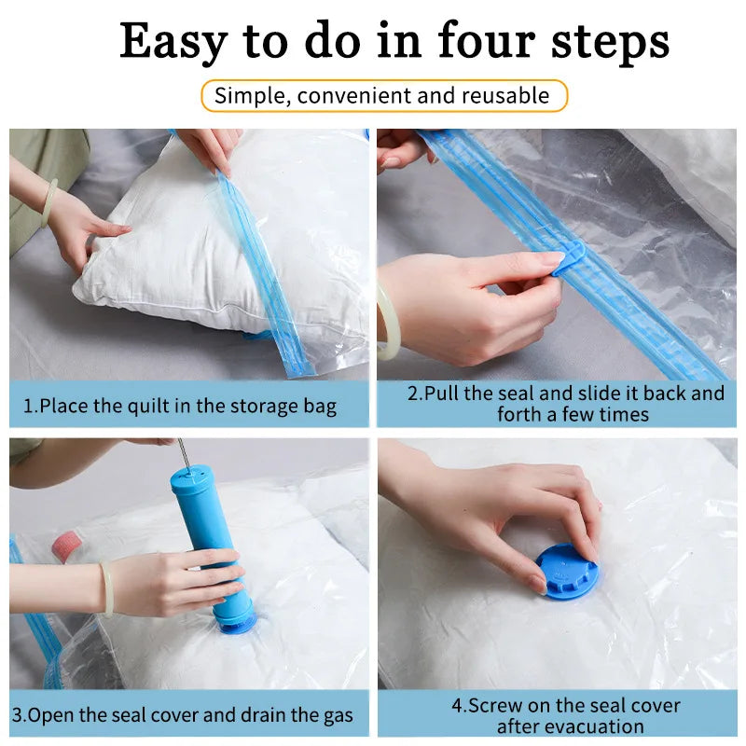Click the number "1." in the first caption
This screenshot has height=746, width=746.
30,407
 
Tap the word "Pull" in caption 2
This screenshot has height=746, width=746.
443,393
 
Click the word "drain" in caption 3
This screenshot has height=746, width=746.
264,716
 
